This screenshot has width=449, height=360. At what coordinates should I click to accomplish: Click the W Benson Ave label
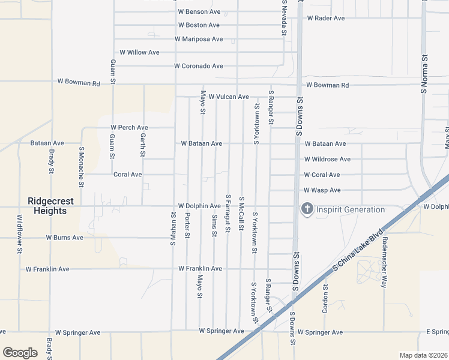tap(200, 12)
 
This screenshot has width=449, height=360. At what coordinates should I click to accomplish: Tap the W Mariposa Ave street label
tap(199, 39)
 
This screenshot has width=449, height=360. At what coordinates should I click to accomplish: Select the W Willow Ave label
tap(140, 52)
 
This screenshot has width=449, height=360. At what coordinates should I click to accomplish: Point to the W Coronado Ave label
tap(198, 66)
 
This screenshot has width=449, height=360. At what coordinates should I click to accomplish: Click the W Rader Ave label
tap(326, 18)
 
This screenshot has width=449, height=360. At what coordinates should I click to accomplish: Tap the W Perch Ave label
tap(129, 128)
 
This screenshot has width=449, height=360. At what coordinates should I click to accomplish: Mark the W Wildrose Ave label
tap(327, 160)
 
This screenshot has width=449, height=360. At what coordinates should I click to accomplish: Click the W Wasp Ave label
tap(322, 190)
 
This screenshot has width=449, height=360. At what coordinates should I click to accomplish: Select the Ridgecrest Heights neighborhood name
tap(55, 206)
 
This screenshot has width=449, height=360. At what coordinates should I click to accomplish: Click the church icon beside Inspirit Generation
tap(307, 209)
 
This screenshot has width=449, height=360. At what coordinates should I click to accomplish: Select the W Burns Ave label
tap(65, 238)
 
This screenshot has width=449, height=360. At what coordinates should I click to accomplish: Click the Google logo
tap(20, 353)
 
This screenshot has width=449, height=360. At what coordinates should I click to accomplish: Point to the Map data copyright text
tap(423, 355)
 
